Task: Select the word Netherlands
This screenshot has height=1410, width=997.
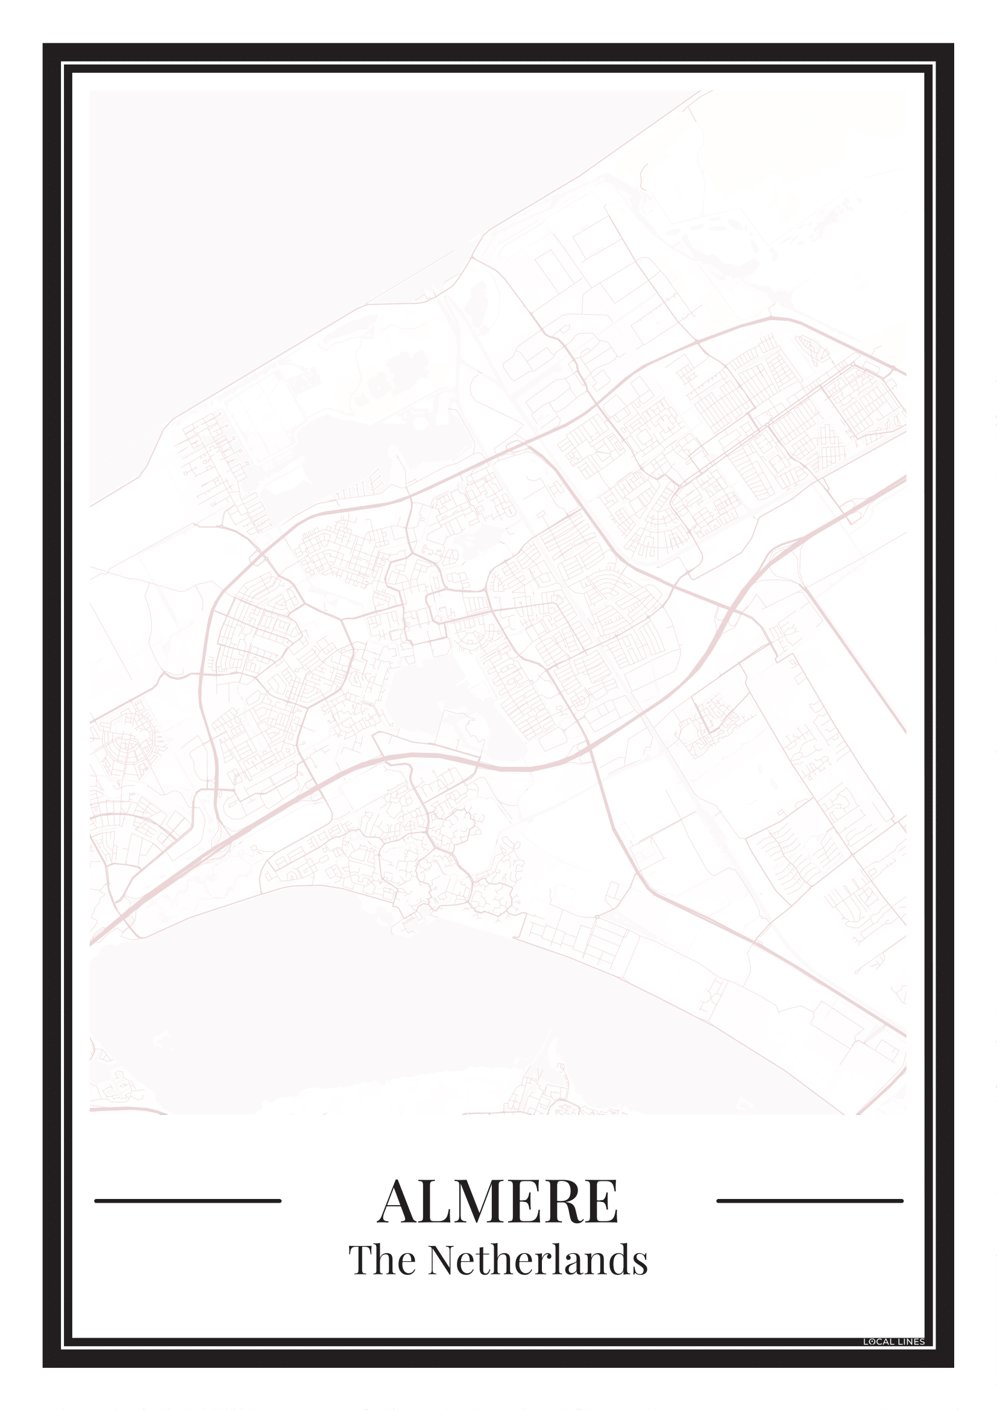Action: (538, 1261)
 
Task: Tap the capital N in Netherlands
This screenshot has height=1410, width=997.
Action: (443, 1261)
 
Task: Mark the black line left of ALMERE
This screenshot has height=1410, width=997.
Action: (187, 1201)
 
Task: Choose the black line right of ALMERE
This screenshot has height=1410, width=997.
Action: (810, 1201)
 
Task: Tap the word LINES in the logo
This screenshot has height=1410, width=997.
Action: (910, 1342)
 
